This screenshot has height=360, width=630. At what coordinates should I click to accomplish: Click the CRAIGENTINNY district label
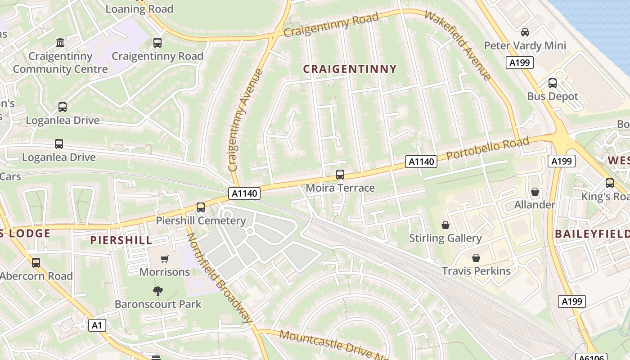click(x=350, y=69)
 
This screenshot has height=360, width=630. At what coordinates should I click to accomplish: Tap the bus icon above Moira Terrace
click(x=340, y=175)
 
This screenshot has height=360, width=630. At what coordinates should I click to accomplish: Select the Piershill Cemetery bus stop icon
click(x=201, y=207)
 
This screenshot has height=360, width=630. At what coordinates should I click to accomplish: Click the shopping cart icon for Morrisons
click(x=165, y=259)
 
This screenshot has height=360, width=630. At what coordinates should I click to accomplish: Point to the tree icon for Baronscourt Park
click(x=157, y=291)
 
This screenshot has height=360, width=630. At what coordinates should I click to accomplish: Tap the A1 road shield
click(x=97, y=325)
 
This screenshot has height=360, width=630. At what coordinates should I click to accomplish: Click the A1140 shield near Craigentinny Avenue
click(x=245, y=193)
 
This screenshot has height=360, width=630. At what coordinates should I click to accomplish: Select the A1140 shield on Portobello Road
click(x=421, y=162)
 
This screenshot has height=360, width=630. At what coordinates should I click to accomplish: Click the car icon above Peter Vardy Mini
click(x=525, y=32)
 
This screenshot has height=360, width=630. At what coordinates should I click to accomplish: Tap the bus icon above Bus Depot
click(x=552, y=83)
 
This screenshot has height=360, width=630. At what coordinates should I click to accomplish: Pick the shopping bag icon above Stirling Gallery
click(x=445, y=225)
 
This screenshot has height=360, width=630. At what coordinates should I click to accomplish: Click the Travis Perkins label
click(x=476, y=271)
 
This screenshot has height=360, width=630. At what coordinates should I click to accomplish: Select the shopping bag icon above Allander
click(x=535, y=192)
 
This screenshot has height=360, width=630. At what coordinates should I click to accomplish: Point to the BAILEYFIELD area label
click(x=592, y=234)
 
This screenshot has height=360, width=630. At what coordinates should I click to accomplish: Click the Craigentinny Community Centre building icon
click(x=60, y=43)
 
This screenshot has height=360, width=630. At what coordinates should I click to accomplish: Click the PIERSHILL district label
click(x=121, y=240)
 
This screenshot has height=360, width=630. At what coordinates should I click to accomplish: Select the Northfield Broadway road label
click(x=219, y=278)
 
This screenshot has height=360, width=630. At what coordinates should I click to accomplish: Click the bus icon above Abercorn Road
click(x=36, y=262)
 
